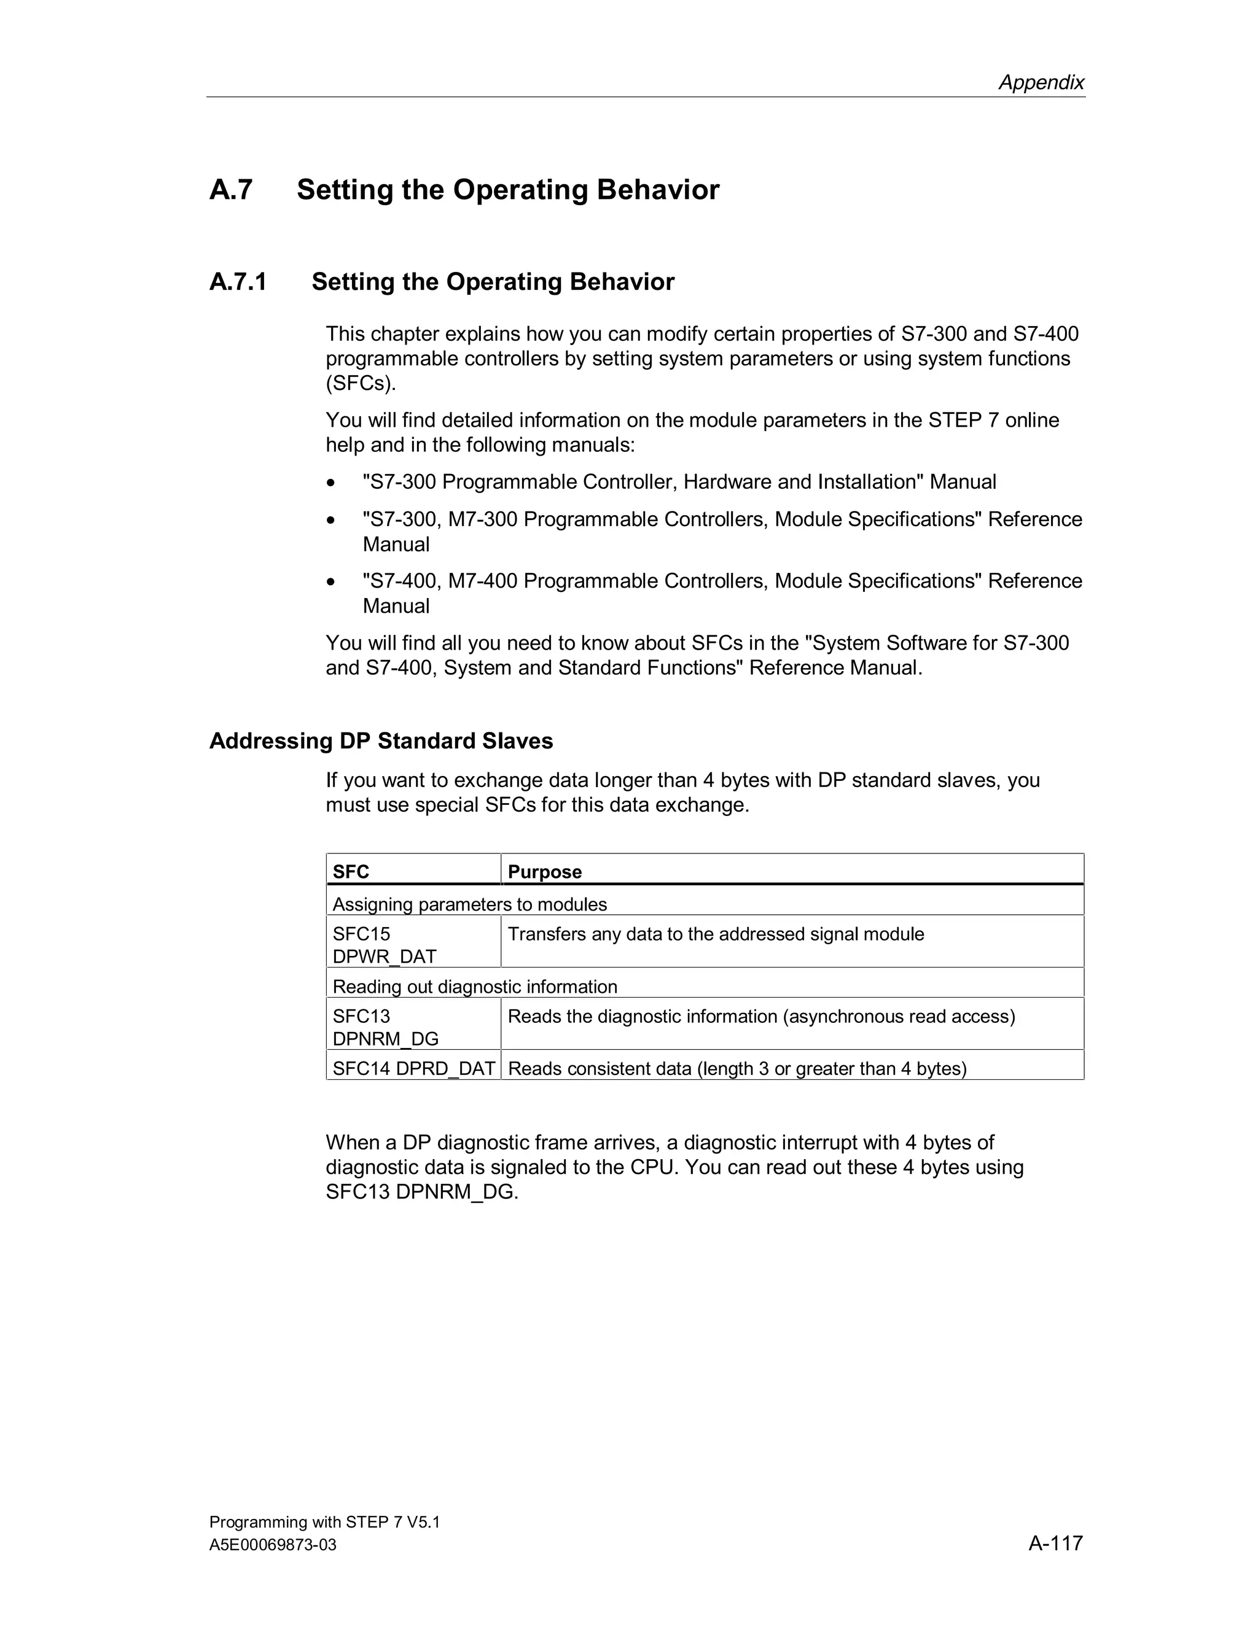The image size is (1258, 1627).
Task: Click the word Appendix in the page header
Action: point(1041,82)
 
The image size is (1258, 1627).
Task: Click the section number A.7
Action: point(231,190)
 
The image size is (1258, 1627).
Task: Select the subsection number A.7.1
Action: point(238,282)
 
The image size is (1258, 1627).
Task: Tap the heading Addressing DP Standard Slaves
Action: point(381,740)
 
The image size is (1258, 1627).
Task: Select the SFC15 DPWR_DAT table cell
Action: point(385,945)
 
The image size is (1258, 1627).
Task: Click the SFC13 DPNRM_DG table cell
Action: point(385,1027)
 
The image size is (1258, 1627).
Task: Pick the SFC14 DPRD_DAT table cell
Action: point(413,1068)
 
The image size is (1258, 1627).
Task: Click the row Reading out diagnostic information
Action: point(475,987)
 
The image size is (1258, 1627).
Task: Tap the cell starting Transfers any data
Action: point(716,934)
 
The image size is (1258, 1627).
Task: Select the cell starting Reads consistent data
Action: point(736,1068)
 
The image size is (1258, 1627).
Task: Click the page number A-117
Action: point(1055,1543)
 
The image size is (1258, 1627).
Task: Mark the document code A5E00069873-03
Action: point(273,1545)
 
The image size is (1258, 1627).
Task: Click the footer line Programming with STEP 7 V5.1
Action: point(324,1522)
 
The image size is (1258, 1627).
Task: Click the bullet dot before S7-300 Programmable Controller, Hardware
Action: point(331,483)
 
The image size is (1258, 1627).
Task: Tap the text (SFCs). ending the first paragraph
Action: point(361,384)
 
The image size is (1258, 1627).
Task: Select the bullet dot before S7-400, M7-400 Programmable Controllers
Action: point(331,582)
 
